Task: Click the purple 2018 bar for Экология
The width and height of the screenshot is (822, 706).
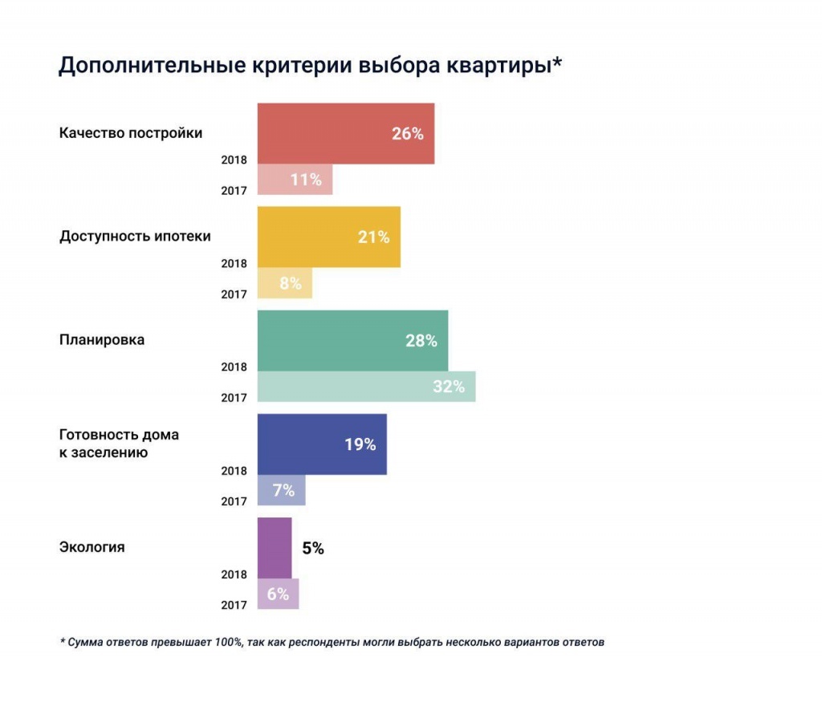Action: click(x=275, y=548)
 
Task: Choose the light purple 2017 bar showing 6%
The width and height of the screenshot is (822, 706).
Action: click(x=278, y=594)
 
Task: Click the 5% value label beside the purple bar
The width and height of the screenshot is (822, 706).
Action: click(x=313, y=550)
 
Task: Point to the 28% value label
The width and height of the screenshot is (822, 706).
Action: click(x=421, y=341)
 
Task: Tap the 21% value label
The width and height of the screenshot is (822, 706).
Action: click(x=374, y=237)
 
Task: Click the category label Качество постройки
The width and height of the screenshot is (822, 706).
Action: click(x=131, y=132)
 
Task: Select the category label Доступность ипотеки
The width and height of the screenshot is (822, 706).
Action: click(x=135, y=236)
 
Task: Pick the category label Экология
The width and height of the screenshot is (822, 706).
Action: click(x=92, y=547)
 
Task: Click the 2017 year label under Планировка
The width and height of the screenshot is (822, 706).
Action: click(x=234, y=398)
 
